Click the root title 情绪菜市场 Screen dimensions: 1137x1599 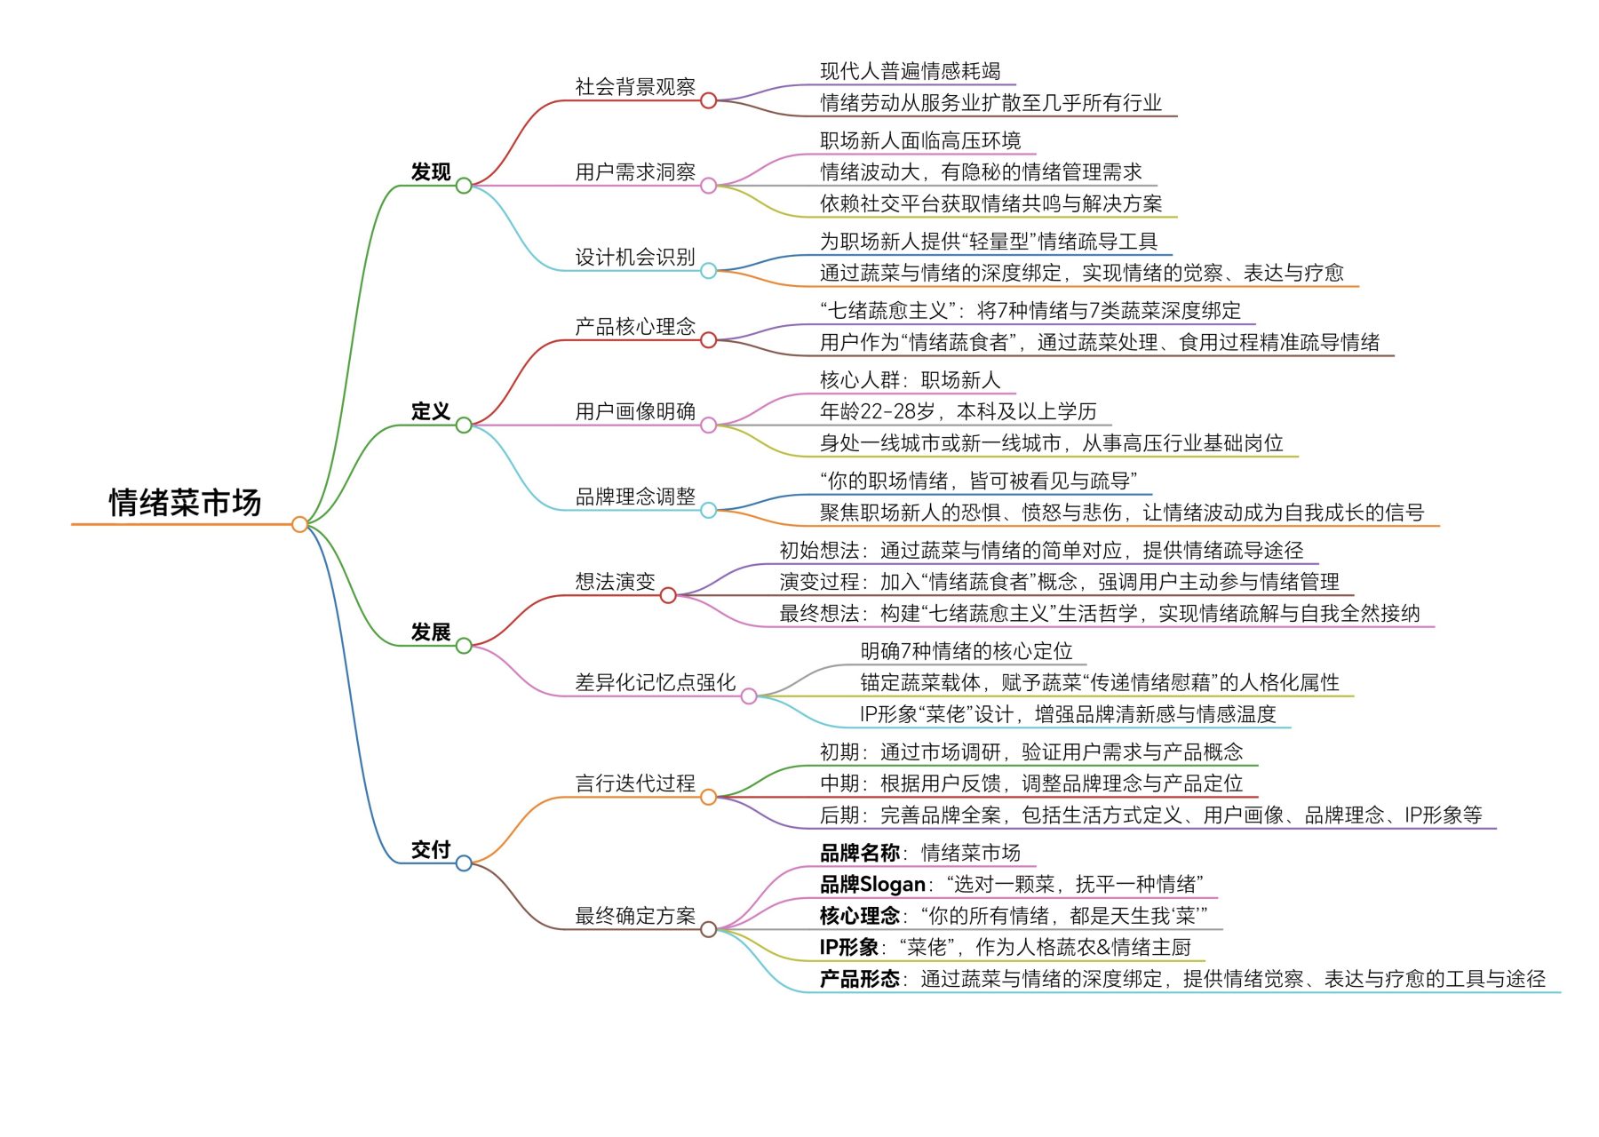pyautogui.click(x=185, y=503)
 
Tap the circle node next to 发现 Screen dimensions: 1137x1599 pyautogui.click(x=464, y=186)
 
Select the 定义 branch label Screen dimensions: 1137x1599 pyautogui.click(x=431, y=411)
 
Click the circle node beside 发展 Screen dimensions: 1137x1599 pyautogui.click(x=464, y=646)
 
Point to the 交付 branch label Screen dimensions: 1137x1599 pyautogui.click(x=431, y=850)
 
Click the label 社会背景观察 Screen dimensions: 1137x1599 pyautogui.click(x=635, y=87)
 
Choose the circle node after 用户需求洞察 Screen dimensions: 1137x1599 pyautogui.click(x=708, y=186)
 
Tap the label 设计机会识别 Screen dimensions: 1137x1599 pyautogui.click(x=635, y=258)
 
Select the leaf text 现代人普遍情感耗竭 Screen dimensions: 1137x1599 pyautogui.click(x=910, y=71)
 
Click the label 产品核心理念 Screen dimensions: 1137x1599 pyautogui.click(x=635, y=327)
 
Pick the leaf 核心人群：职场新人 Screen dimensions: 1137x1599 pyautogui.click(x=910, y=380)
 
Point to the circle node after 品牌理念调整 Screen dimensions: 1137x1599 pyautogui.click(x=708, y=510)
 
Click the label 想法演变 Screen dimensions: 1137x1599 pyautogui.click(x=615, y=582)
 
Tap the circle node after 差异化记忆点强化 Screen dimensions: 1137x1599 pyautogui.click(x=749, y=696)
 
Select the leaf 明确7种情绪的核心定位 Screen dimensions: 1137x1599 pyautogui.click(x=966, y=651)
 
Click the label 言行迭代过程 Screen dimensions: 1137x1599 pyautogui.click(x=635, y=783)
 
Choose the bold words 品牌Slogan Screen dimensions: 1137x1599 pyautogui.click(x=872, y=885)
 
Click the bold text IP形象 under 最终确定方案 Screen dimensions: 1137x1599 pyautogui.click(x=849, y=948)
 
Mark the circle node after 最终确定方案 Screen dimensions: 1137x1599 pyautogui.click(x=708, y=930)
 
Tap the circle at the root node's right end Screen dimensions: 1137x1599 pyautogui.click(x=299, y=524)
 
